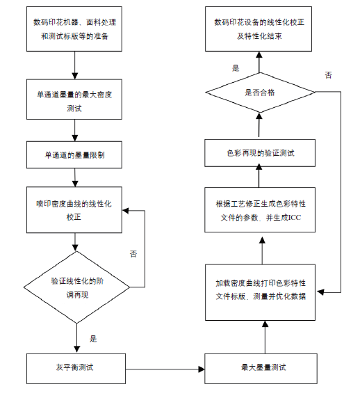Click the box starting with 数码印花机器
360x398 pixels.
point(74,29)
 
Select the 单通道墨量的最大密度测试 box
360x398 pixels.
point(74,99)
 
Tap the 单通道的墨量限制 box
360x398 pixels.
point(74,155)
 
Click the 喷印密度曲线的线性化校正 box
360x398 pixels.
point(74,210)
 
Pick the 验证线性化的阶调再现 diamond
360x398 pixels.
point(76,287)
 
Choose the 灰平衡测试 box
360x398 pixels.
point(76,369)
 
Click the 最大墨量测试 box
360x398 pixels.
point(261,369)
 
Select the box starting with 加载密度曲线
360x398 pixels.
point(260,292)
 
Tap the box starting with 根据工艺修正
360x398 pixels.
point(260,210)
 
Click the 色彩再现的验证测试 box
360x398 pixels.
point(260,153)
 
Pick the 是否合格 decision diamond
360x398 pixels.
point(260,93)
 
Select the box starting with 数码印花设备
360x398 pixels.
point(259,29)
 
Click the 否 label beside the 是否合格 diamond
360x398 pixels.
point(328,75)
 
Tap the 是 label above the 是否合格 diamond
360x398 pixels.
point(236,68)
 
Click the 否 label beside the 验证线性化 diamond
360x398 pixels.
point(133,254)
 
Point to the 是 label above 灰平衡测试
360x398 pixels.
point(93,339)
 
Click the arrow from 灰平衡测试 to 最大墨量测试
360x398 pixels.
point(165,369)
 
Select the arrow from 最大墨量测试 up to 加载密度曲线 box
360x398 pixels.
point(265,337)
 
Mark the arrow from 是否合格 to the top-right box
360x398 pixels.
point(259,62)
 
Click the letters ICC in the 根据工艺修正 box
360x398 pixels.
point(295,218)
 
